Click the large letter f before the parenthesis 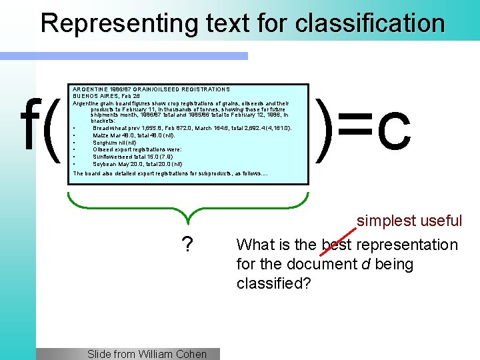[31, 127]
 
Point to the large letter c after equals [393, 131]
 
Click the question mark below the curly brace [188, 246]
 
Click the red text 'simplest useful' [409, 221]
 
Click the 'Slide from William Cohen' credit [147, 354]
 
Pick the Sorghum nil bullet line [115, 142]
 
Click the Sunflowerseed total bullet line [123, 157]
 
